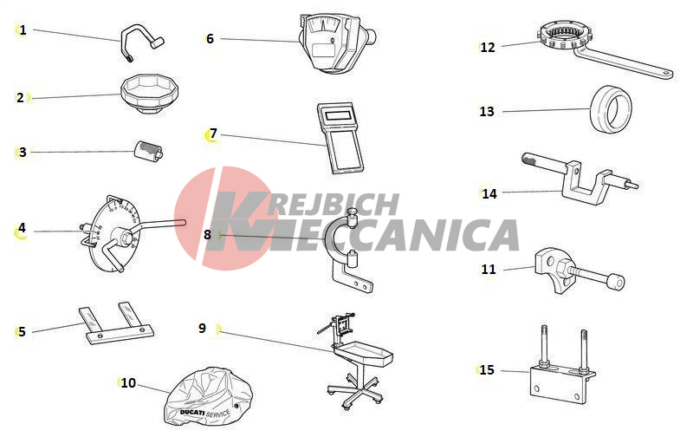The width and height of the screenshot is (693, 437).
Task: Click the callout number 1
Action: tap(23, 30)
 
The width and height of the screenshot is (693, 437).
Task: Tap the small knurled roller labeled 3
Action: tap(148, 152)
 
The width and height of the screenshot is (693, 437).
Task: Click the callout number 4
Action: tap(22, 228)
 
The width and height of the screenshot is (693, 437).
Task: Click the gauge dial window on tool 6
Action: tap(322, 24)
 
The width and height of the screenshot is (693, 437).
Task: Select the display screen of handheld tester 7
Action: tap(339, 116)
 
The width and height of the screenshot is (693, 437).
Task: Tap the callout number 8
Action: tap(207, 234)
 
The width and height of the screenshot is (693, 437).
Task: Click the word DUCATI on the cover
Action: tap(192, 413)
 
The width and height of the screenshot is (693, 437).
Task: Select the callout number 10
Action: tap(128, 383)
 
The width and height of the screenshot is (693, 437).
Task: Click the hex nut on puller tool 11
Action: tap(565, 268)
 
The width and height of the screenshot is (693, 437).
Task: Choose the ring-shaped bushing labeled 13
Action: tap(611, 108)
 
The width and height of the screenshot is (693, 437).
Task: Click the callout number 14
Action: tap(489, 193)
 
